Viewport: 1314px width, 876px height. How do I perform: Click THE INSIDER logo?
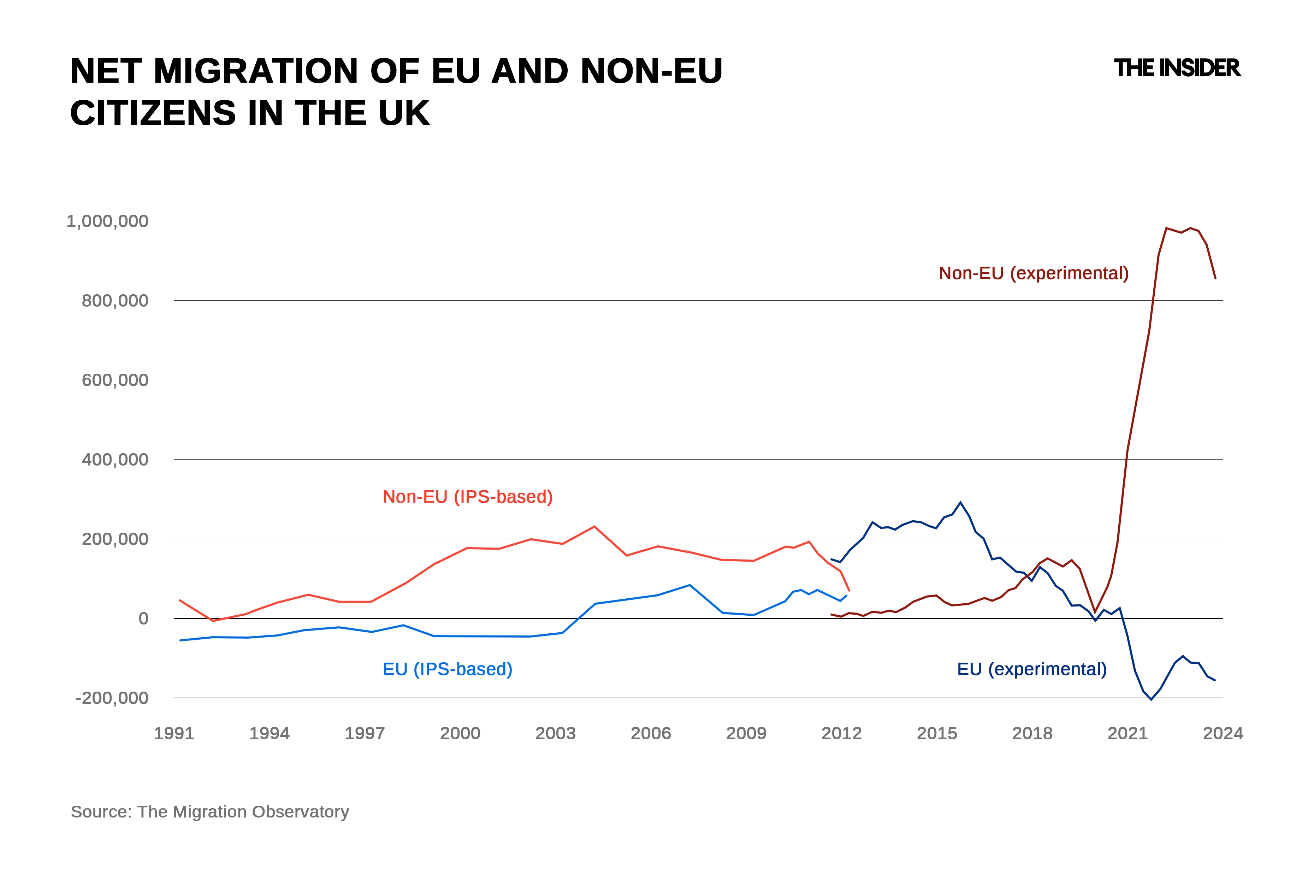[x=1177, y=68]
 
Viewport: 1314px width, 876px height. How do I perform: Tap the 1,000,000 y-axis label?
[x=107, y=221]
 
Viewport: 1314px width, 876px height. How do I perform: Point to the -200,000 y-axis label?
[x=112, y=698]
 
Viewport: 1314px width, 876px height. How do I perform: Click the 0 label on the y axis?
[x=143, y=618]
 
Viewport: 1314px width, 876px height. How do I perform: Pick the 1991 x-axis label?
[x=174, y=733]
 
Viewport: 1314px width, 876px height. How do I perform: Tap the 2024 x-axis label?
[x=1223, y=733]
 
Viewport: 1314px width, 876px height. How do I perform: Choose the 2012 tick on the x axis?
[x=841, y=733]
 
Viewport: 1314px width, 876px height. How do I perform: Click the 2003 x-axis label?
[x=555, y=733]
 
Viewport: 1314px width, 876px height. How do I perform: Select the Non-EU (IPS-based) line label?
[x=467, y=497]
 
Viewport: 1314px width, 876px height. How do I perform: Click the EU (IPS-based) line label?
[x=447, y=669]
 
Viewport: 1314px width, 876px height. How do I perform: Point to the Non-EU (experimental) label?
[x=1033, y=273]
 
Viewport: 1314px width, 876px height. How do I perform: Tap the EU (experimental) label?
[x=1031, y=669]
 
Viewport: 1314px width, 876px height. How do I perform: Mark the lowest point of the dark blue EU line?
[x=1151, y=699]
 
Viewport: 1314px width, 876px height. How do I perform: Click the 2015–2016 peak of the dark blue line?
[x=960, y=502]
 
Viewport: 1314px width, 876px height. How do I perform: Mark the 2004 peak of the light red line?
[x=594, y=526]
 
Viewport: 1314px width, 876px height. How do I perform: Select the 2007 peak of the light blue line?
[x=689, y=585]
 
